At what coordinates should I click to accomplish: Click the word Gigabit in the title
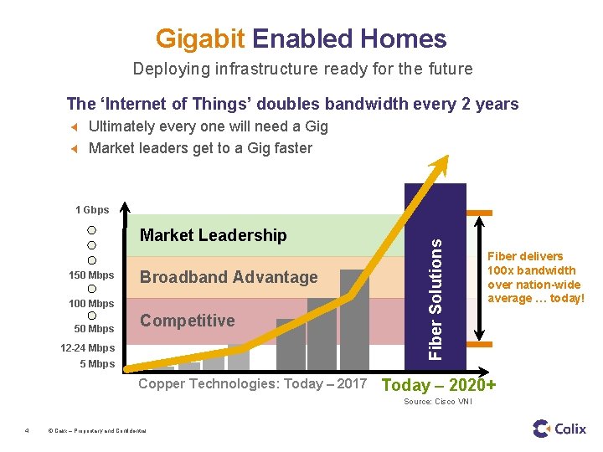point(199,39)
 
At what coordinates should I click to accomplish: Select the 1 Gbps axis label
point(92,210)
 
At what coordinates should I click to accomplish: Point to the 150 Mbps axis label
point(91,275)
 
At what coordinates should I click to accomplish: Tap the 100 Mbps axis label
point(91,303)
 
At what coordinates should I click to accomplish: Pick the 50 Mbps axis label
point(94,329)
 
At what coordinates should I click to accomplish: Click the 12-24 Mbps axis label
point(87,348)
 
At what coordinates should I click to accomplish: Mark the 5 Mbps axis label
point(97,364)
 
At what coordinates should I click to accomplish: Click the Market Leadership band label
point(213,236)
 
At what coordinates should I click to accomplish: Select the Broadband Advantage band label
point(229,277)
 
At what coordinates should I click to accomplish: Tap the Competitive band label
point(187,321)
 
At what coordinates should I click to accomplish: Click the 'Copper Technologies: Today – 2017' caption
point(252,384)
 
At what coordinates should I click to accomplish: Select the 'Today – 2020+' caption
point(438,385)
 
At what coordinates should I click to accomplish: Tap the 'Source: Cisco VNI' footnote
point(438,403)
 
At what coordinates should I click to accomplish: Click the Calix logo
point(559,429)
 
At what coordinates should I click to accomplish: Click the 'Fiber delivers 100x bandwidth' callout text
point(535,277)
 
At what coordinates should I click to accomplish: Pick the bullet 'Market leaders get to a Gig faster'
point(200,148)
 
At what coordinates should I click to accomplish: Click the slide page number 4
point(27,431)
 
